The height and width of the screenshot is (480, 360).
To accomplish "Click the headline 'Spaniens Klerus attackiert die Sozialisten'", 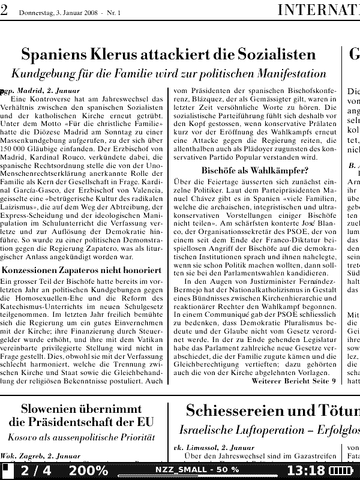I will click(x=168, y=55).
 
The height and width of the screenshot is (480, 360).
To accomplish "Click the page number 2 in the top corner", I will click(x=4, y=10).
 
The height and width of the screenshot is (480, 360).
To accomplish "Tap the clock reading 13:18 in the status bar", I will click(x=306, y=470).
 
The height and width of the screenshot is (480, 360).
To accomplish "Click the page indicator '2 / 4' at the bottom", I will click(x=34, y=470).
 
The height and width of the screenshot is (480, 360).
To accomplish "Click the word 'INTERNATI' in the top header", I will click(x=318, y=10).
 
